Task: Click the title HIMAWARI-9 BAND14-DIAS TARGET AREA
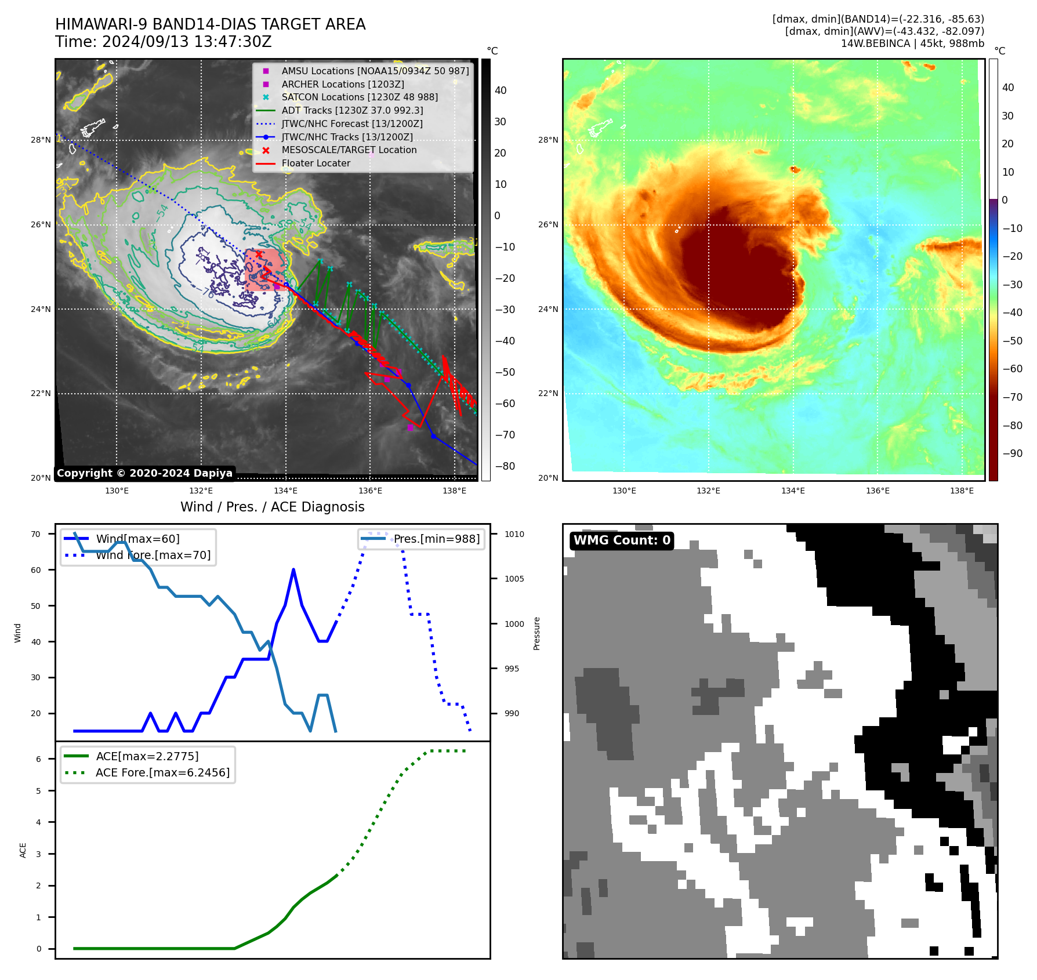click(x=210, y=24)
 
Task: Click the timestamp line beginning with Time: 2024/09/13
click(x=163, y=42)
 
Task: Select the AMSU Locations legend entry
click(x=375, y=71)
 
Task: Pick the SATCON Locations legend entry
click(x=359, y=97)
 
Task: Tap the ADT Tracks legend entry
click(x=352, y=110)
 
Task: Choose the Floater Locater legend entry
click(x=316, y=164)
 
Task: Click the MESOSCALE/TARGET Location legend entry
click(x=349, y=150)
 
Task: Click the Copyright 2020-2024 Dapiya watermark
click(x=144, y=473)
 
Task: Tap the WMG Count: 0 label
click(x=622, y=540)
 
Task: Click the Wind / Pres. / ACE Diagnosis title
click(x=272, y=507)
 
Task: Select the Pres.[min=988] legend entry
click(x=436, y=539)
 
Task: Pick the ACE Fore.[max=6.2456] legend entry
click(x=162, y=772)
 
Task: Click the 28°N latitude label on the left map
click(x=41, y=140)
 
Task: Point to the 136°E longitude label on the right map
click(x=878, y=491)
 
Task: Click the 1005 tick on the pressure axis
click(x=514, y=579)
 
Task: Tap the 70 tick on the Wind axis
click(x=36, y=534)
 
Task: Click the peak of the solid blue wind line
click(x=293, y=569)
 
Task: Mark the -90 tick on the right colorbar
click(x=1013, y=453)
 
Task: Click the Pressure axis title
click(x=536, y=633)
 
